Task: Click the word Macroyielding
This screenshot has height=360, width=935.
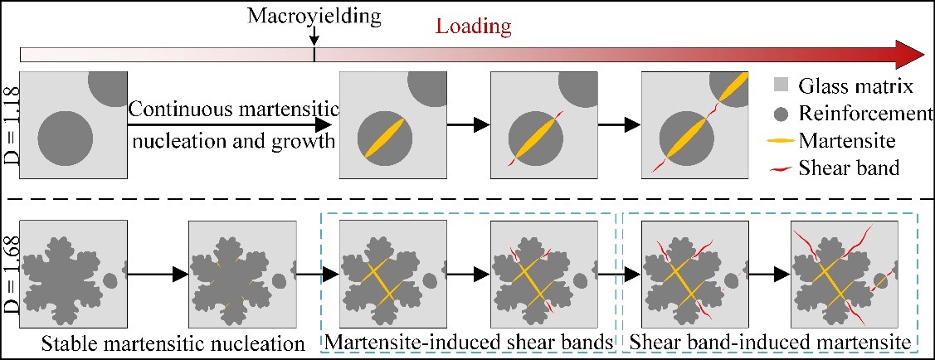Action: tap(314, 15)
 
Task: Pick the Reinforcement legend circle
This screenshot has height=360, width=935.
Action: tap(780, 112)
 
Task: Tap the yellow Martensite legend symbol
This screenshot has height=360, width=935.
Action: tap(780, 140)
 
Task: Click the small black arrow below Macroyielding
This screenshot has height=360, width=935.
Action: tap(314, 38)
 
